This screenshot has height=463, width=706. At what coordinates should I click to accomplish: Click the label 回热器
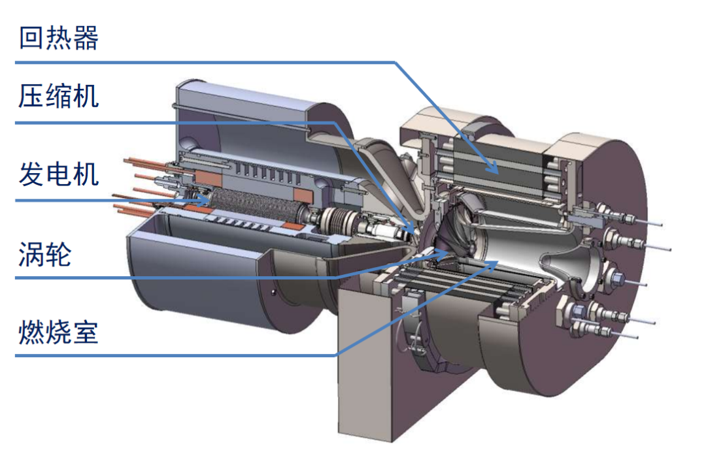(x=59, y=38)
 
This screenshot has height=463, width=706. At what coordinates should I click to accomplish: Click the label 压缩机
(x=59, y=96)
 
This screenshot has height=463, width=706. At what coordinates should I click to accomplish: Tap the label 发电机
(x=59, y=174)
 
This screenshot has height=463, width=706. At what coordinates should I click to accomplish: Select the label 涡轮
(x=45, y=254)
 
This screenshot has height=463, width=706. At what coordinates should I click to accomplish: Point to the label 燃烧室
(x=59, y=332)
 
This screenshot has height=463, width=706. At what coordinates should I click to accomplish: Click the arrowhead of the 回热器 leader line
(x=494, y=168)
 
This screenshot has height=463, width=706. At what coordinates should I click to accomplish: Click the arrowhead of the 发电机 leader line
(x=204, y=200)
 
